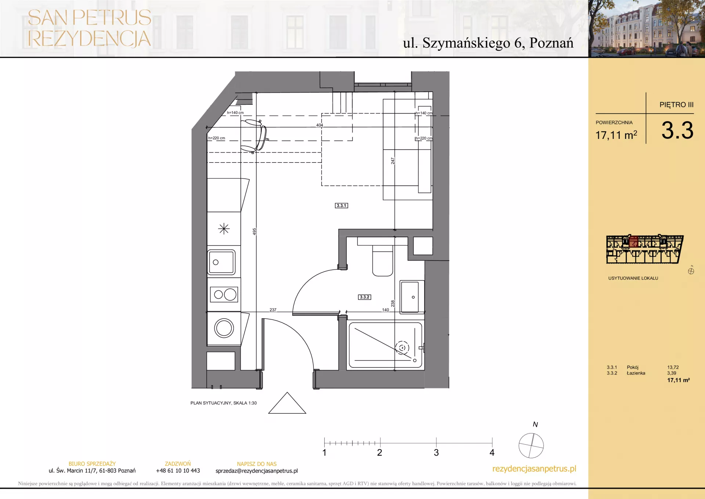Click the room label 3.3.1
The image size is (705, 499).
pos(341,206)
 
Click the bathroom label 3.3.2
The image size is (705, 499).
pos(365,297)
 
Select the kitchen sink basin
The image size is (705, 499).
pos(221,262)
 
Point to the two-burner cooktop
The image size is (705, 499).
pos(224,294)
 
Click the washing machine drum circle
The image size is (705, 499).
pos(224,328)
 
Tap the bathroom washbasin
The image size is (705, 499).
pos(412,297)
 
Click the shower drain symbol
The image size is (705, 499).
pos(402,348)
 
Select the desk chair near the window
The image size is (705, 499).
pos(254,135)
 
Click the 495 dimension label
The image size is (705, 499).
pos(254,231)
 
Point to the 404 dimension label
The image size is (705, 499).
pos(320,125)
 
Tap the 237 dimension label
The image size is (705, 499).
pos(273,310)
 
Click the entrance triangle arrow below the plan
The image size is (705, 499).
pos(287,403)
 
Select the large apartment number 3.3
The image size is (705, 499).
pos(677,130)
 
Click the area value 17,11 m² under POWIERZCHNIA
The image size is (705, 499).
pos(617,135)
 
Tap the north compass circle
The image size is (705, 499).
pos(531,446)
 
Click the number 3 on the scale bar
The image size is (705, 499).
pos(436,453)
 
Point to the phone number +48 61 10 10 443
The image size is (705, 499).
pos(178,471)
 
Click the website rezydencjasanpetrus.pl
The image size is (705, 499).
pos(534,469)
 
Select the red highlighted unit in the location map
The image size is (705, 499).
pos(634,241)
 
